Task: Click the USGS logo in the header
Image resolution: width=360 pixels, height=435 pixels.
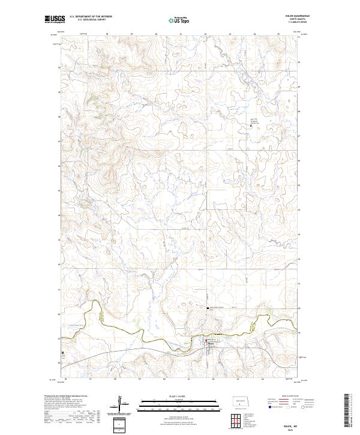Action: click(54, 19)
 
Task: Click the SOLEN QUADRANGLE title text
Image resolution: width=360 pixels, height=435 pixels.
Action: click(290, 16)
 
